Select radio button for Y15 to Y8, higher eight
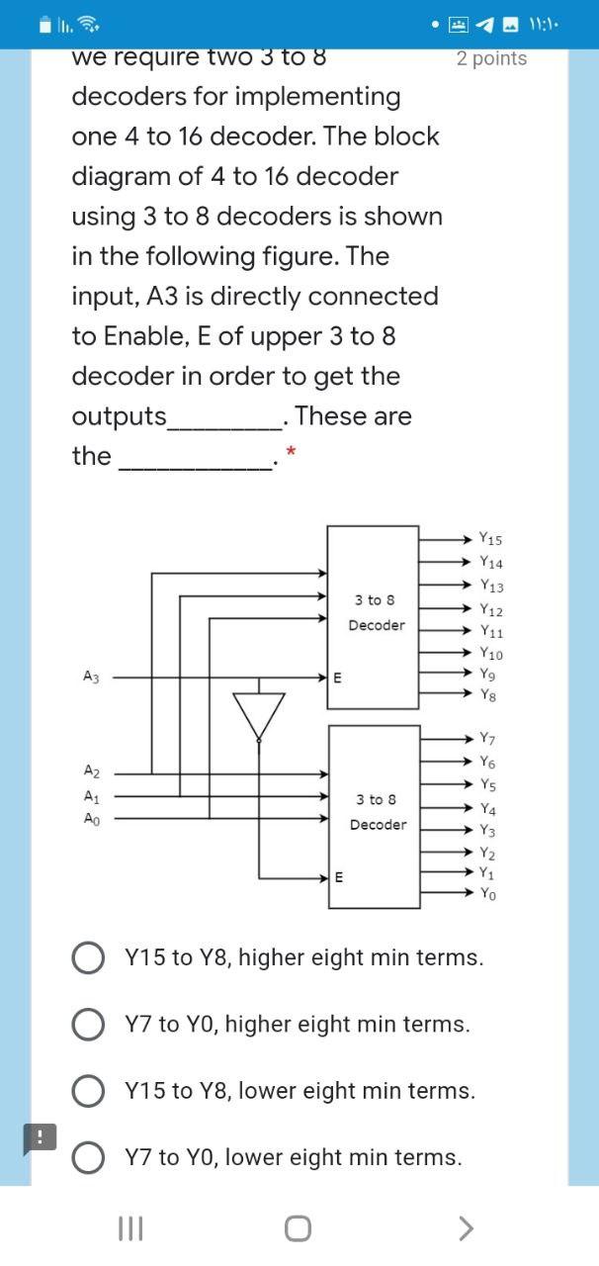pos(88,957)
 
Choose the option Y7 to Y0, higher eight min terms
pos(88,1025)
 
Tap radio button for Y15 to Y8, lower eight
pos(88,1091)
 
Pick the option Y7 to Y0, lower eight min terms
pos(88,1157)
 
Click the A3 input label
pos(91,678)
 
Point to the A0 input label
pos(91,819)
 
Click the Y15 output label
pos(489,540)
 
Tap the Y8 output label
pos(487,695)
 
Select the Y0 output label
pos(487,894)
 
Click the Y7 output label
pos(487,739)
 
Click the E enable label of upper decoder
pos(337,678)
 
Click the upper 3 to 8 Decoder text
pos(376,612)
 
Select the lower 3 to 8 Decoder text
pos(377,811)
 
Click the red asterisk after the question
pos(290,453)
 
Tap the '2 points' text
pos(491,58)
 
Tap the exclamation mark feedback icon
pos(41,1137)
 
